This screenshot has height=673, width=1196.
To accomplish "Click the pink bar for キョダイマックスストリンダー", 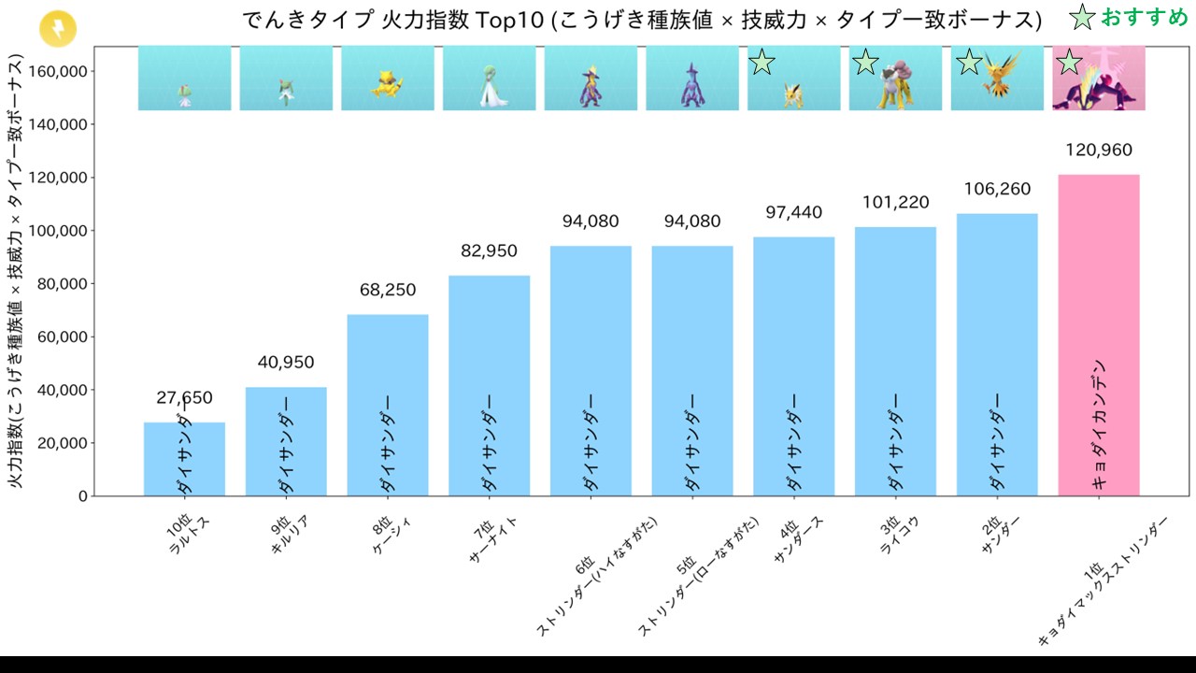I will pos(1099,280).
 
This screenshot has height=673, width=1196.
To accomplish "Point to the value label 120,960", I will pos(1099,150).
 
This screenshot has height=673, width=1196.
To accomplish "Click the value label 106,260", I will pos(996,190).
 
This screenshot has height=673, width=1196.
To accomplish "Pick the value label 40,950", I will pos(286,363).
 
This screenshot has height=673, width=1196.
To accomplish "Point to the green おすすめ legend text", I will pos(1144,18).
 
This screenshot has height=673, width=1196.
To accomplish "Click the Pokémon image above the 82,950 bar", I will pos(490,79).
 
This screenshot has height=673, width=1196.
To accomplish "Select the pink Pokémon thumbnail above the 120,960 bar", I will pos(1099,79).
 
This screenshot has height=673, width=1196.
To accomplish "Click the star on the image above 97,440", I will pos(762,63).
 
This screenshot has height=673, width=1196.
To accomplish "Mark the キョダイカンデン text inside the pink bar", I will pos(1099,423).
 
